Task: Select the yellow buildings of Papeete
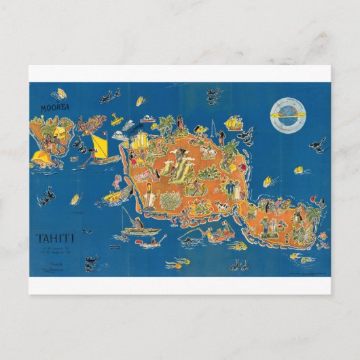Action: [x=141, y=143]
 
